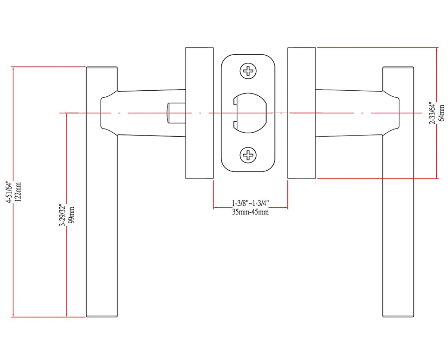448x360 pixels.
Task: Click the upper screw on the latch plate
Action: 248,71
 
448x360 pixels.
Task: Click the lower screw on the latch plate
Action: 248,154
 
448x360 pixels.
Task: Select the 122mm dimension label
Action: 18,191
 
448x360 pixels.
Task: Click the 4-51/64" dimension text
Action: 10,191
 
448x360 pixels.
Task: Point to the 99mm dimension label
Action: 72,214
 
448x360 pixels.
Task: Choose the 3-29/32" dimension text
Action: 62,214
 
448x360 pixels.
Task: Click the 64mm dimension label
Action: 442,113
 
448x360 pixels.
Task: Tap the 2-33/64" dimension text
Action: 433,113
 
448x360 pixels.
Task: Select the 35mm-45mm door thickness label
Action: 250,212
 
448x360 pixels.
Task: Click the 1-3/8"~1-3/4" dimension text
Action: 250,203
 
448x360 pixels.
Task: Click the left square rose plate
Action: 199,113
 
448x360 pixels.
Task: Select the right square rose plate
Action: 302,113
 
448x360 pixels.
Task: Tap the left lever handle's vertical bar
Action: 102,224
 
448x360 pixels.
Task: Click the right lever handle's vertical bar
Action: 398,224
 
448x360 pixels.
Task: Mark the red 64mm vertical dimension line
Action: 437,149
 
